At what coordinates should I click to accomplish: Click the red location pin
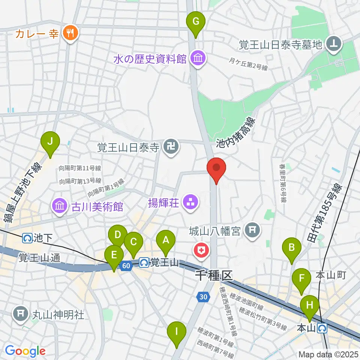(216, 170)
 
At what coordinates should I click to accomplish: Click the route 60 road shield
(126, 265)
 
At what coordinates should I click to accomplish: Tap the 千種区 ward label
(214, 277)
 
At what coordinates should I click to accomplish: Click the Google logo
(25, 351)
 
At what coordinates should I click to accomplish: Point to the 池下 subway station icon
(27, 238)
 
